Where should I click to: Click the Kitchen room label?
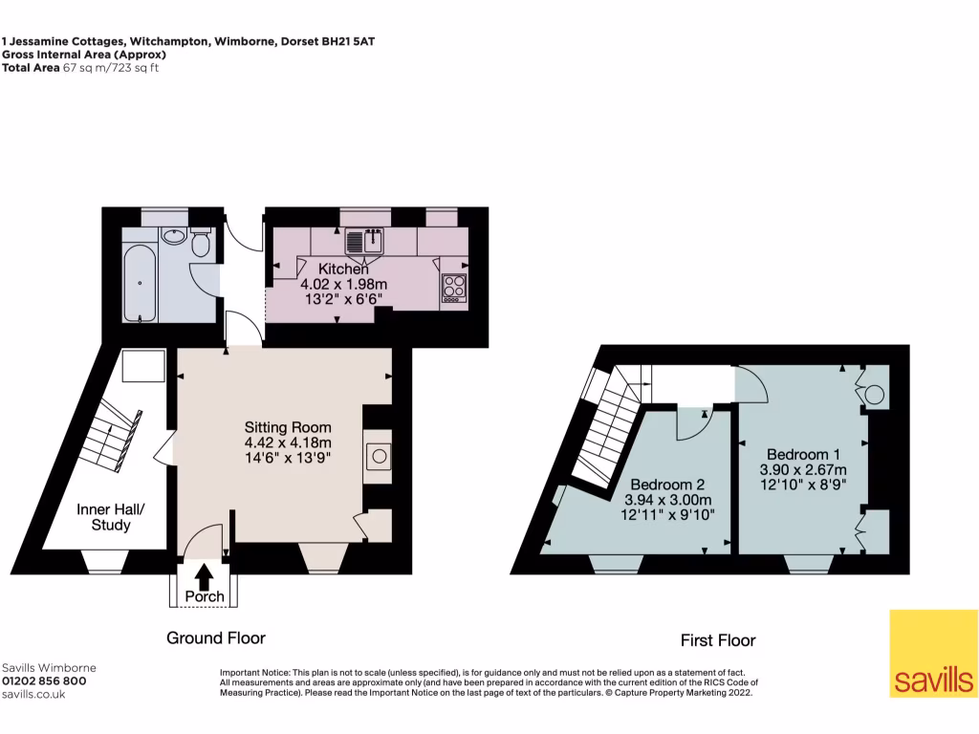coord(343,270)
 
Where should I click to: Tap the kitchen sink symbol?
coord(364,242)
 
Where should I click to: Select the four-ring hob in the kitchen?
coord(453,288)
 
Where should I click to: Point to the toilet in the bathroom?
coord(201,244)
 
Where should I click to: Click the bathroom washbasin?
coord(173,235)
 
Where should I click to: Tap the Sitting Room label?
coord(288,427)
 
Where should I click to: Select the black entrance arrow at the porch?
coord(204,576)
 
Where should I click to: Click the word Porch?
coord(205,597)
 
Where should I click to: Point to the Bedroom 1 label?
coord(803,453)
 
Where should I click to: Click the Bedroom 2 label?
coord(668,484)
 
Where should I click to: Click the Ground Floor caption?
coord(216,637)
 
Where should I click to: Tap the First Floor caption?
coord(718,640)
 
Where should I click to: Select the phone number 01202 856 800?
coord(44,681)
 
